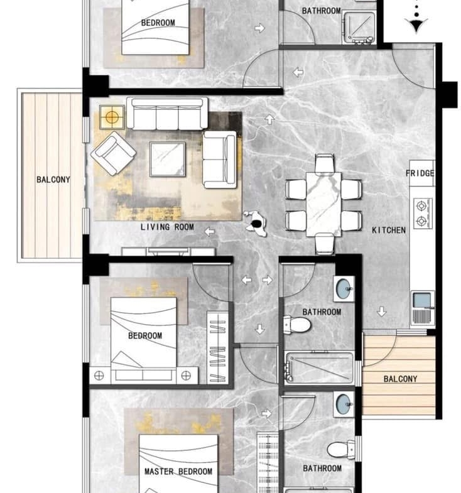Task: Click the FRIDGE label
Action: pos(420,173)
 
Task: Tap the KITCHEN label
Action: pos(389,230)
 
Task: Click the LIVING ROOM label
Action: pos(167,227)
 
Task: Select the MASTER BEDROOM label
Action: pos(178,471)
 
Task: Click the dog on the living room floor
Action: pos(256,223)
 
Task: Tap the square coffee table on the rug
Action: pos(168,159)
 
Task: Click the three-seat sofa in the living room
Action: pos(167,113)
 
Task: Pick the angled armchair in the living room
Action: pos(113,153)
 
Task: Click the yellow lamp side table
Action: pos(112,117)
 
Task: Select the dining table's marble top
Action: pos(323,204)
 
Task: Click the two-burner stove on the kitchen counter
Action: pos(422,214)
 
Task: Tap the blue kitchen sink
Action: pos(422,300)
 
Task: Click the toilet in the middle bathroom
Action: pos(297,325)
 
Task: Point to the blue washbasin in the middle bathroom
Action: pos(344,288)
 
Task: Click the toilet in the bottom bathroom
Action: pos(340,450)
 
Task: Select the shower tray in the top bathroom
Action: pos(359,28)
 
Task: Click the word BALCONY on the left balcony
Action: pos(53,180)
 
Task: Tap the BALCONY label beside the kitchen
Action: pos(400,379)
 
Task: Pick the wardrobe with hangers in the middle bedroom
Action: pos(217,347)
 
